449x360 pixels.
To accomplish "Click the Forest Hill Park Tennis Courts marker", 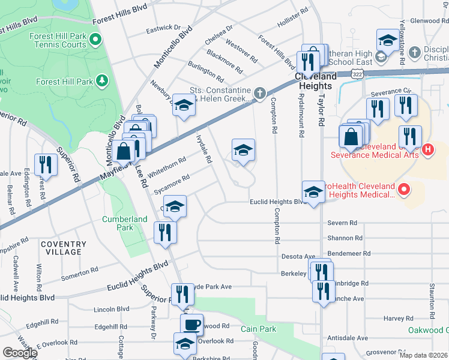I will click(x=95, y=41).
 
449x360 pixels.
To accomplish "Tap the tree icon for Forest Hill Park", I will click(x=103, y=80).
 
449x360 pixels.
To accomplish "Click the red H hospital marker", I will click(x=427, y=149).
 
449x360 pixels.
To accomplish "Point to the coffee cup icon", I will click(x=191, y=325).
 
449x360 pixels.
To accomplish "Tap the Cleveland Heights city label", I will click(x=316, y=77).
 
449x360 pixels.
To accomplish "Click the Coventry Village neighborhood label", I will click(x=63, y=248).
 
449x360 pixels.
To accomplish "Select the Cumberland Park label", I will click(x=124, y=223).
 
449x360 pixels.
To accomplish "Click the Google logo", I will click(x=19, y=353).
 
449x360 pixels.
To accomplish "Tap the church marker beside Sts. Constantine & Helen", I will click(x=259, y=93).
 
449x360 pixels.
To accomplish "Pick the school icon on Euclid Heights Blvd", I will click(x=313, y=192).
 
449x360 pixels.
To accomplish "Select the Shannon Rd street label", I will click(x=345, y=238).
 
